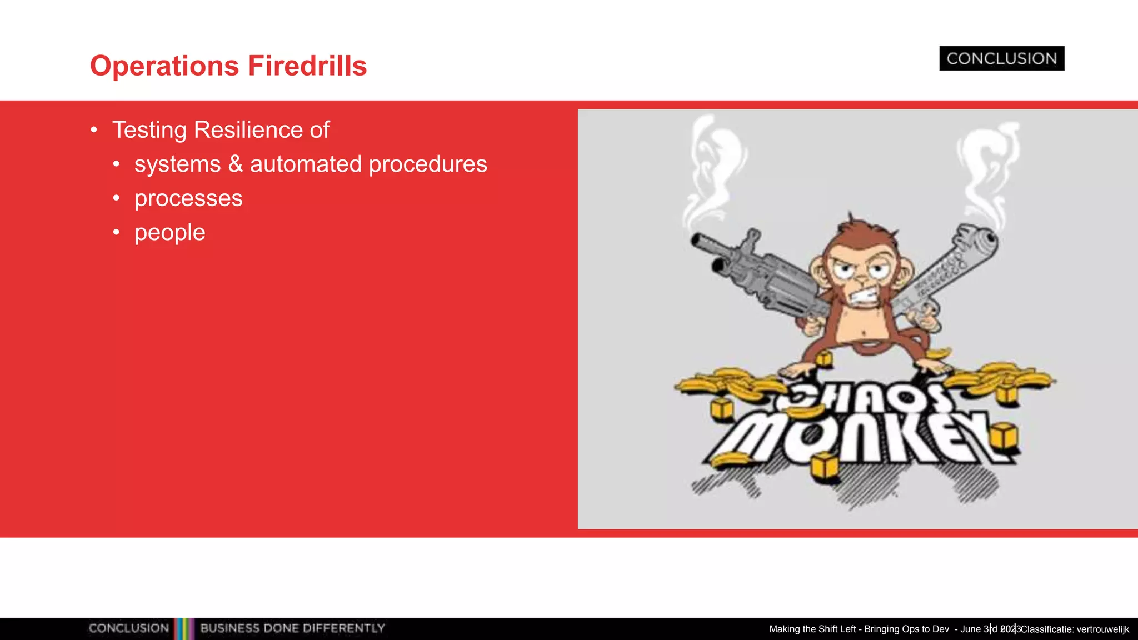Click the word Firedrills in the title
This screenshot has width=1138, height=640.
coord(307,66)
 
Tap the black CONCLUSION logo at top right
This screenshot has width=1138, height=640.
coord(1001,58)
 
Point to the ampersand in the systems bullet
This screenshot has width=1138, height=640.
coord(236,164)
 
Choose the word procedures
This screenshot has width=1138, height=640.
coord(428,165)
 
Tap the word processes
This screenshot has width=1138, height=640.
coord(188,198)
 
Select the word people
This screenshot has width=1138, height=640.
coord(170,233)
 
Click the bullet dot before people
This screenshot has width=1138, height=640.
coord(116,232)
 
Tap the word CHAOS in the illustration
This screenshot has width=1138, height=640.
coord(867,397)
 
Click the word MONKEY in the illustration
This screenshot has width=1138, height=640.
coord(859,439)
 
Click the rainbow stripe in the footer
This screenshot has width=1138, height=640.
coord(184,628)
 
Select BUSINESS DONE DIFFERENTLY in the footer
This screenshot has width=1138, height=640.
coord(292,628)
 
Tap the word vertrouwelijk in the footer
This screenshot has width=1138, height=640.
coord(1102,629)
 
